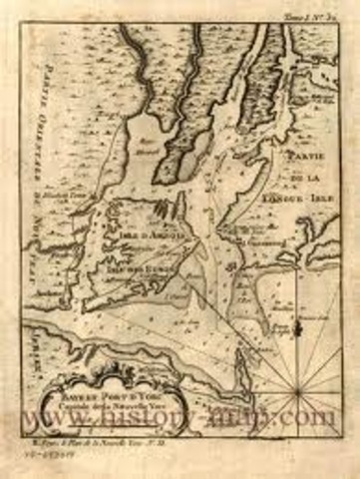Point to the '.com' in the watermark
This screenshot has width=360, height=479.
click(x=316, y=415)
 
